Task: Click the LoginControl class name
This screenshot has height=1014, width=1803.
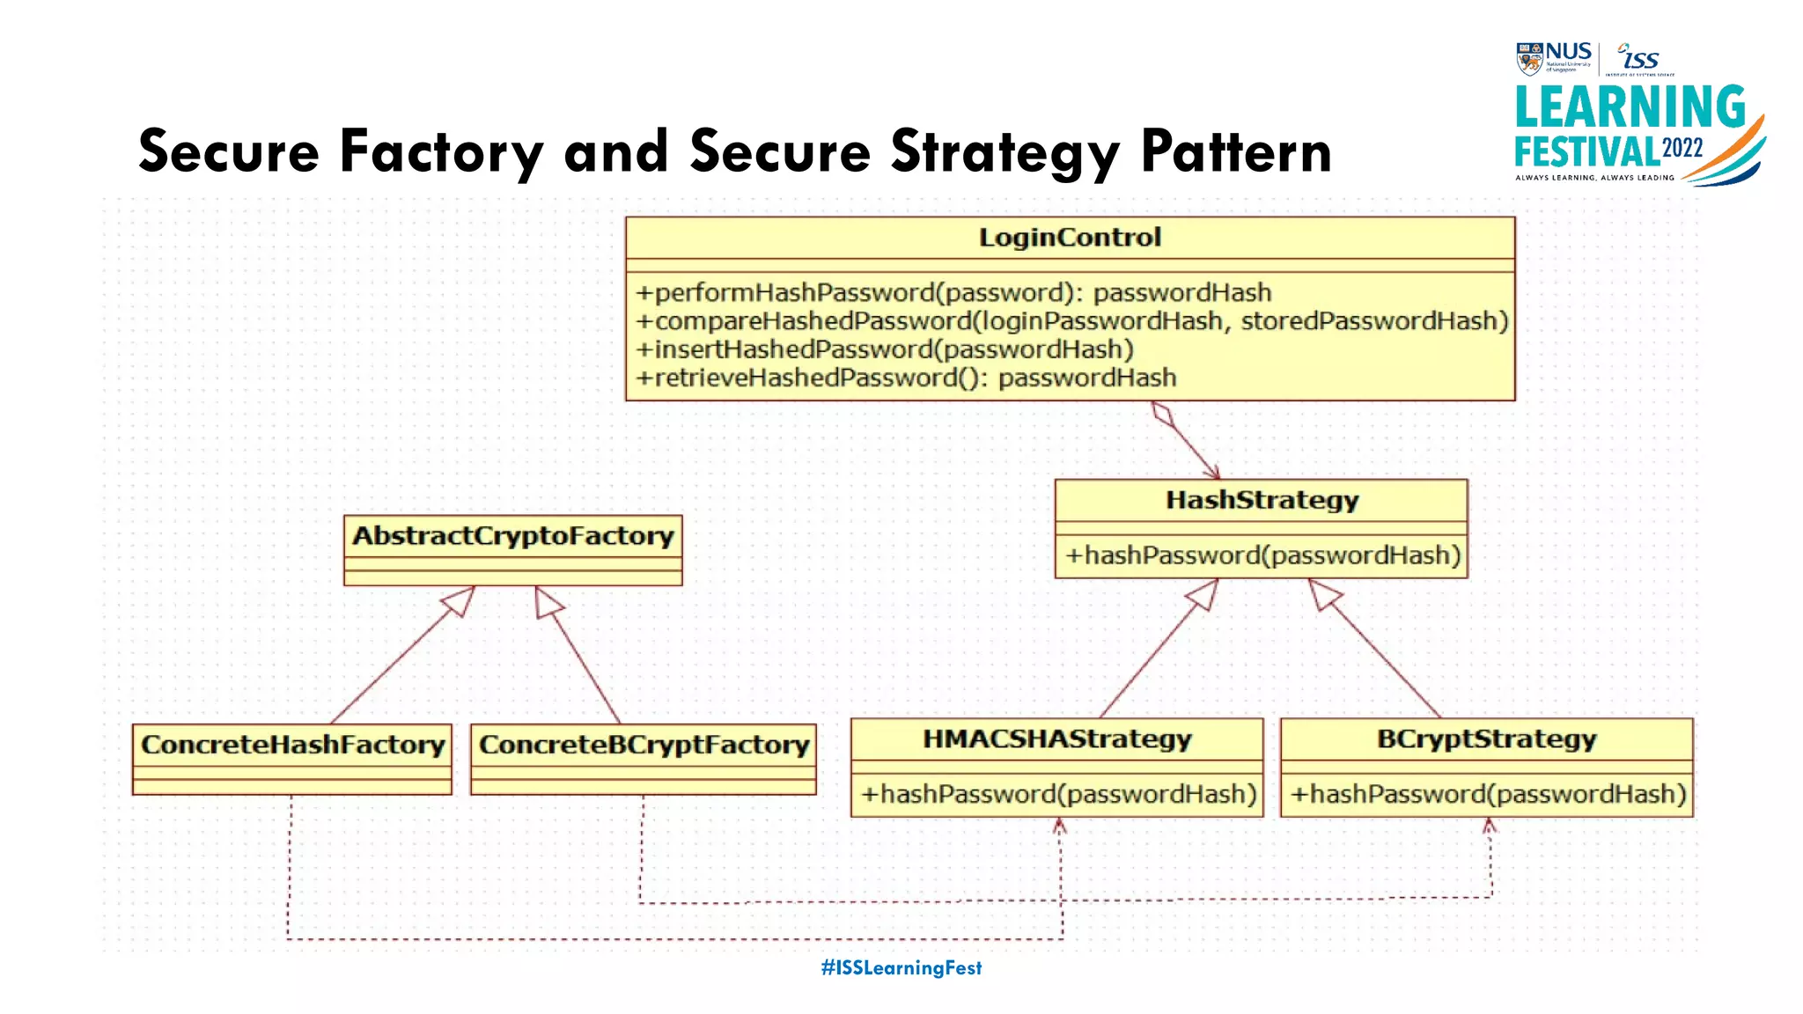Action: [x=1070, y=238]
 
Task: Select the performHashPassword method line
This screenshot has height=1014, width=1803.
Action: [x=953, y=292]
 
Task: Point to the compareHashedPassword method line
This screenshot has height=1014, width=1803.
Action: [x=1071, y=320]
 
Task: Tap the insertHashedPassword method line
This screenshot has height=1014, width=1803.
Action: [x=884, y=349]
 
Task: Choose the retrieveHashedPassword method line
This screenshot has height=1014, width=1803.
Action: [x=905, y=378]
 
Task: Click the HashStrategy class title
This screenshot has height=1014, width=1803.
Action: [x=1262, y=500]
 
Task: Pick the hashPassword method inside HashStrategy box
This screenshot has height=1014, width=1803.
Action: [x=1262, y=555]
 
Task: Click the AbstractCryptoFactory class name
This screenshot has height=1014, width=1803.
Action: [x=512, y=535]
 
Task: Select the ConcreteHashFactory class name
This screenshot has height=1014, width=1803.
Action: [x=292, y=745]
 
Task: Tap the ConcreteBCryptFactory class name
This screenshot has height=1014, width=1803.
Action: [x=644, y=745]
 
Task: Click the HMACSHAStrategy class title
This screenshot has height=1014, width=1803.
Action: [x=1056, y=738]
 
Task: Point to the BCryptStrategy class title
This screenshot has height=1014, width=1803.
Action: [x=1486, y=738]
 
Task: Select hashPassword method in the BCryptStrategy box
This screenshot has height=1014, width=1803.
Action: [x=1487, y=794]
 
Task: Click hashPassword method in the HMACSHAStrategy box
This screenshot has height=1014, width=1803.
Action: [x=1057, y=794]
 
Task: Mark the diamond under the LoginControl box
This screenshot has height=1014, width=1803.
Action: [x=1163, y=414]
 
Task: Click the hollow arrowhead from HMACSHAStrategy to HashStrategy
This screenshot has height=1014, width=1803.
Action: [x=1203, y=594]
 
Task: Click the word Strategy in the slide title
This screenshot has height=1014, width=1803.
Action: [x=1005, y=152]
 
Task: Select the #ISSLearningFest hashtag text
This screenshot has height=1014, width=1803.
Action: [x=901, y=967]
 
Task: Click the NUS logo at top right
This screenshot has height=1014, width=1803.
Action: [x=1554, y=57]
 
